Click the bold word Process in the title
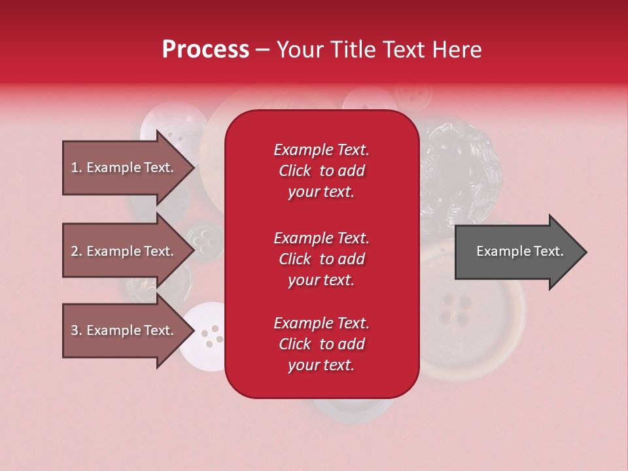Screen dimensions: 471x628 click(x=205, y=50)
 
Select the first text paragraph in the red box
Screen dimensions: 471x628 click(x=321, y=171)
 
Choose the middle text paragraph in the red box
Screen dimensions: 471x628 click(x=321, y=259)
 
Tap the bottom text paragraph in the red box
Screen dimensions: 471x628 click(x=321, y=344)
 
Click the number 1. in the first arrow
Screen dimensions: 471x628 click(x=77, y=167)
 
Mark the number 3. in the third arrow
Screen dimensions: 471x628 click(x=77, y=330)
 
